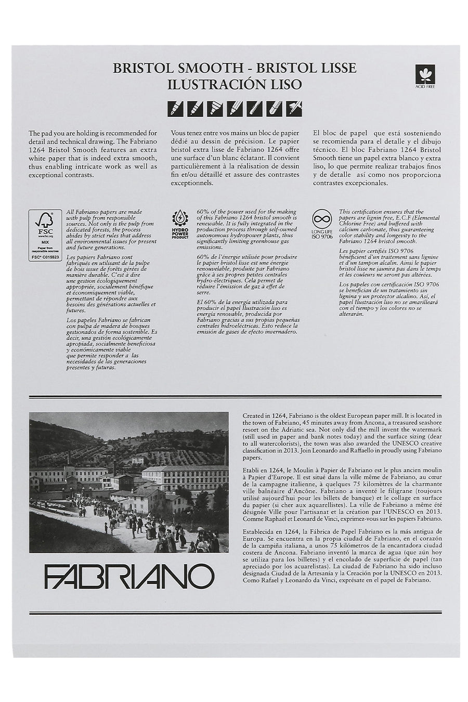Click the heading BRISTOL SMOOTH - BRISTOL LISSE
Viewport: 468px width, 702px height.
click(x=235, y=68)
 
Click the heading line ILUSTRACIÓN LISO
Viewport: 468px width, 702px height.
click(x=235, y=85)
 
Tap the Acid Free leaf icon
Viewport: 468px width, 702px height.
click(x=424, y=74)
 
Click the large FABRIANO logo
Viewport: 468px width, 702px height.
click(x=129, y=576)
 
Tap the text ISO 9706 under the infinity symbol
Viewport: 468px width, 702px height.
click(x=322, y=237)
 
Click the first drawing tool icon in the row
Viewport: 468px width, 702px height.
click(x=175, y=108)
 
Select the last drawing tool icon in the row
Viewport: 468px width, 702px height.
click(x=294, y=108)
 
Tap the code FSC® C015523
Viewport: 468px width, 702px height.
click(x=45, y=257)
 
